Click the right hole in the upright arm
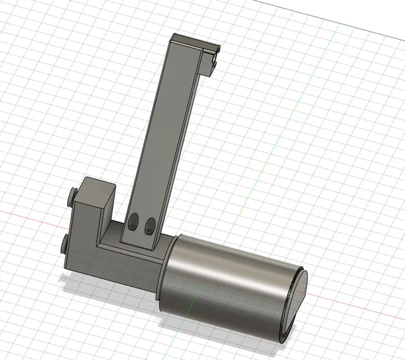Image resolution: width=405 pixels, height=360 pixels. [150, 223]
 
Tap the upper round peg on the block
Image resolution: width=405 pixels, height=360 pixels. [72, 197]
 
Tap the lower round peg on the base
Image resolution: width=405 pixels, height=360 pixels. [63, 247]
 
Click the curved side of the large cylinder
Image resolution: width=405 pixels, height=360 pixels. [230, 282]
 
